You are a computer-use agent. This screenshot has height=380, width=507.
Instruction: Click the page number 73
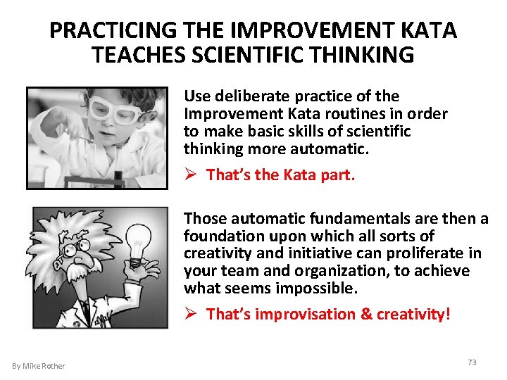coord(472,362)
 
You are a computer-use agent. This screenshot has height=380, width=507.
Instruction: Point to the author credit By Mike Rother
coord(39,365)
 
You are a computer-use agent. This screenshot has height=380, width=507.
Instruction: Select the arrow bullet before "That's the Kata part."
coord(191,174)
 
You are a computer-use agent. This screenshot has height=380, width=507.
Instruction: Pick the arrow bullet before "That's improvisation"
coord(191,314)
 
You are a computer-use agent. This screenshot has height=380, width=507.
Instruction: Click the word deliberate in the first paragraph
coord(237,96)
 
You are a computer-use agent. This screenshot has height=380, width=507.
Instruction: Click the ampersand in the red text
coord(366,314)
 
